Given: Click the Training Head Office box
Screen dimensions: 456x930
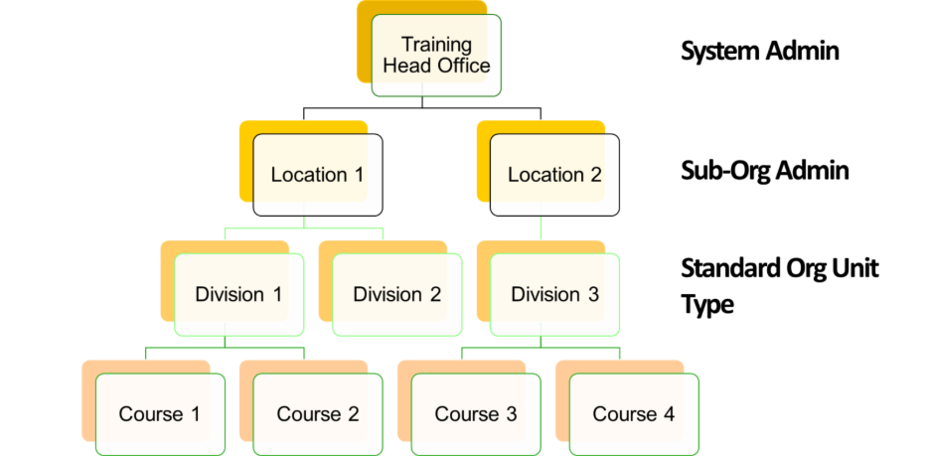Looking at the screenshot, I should (x=436, y=56).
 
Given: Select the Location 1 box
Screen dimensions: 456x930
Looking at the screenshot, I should (x=317, y=175).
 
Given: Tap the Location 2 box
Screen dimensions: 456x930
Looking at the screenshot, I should (x=554, y=175).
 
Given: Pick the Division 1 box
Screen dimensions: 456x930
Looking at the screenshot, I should (x=238, y=294).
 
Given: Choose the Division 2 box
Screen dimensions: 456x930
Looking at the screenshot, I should (x=396, y=294).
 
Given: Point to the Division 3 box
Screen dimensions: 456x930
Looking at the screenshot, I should (x=554, y=294).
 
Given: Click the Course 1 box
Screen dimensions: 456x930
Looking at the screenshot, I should (x=159, y=413).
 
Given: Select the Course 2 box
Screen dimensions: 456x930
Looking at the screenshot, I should (x=317, y=413).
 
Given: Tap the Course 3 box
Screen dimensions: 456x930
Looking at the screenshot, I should (x=476, y=413).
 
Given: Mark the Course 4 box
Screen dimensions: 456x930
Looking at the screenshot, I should (x=634, y=413).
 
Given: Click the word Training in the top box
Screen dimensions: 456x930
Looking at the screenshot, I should (x=436, y=45).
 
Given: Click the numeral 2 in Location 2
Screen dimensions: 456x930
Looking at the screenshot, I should (x=595, y=175).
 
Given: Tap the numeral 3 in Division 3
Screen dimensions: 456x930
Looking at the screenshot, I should (x=592, y=294).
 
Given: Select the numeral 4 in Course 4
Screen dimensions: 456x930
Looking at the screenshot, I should (x=669, y=413).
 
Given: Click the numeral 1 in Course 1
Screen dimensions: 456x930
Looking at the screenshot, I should (x=194, y=413).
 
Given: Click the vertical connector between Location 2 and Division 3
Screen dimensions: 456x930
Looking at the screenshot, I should (x=542, y=228).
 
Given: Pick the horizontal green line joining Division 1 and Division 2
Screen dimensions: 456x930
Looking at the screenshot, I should (x=304, y=229).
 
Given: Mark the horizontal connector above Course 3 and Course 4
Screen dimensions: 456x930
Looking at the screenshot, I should (x=542, y=348).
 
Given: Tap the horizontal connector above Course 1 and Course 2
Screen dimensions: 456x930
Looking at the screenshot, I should (x=225, y=348).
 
